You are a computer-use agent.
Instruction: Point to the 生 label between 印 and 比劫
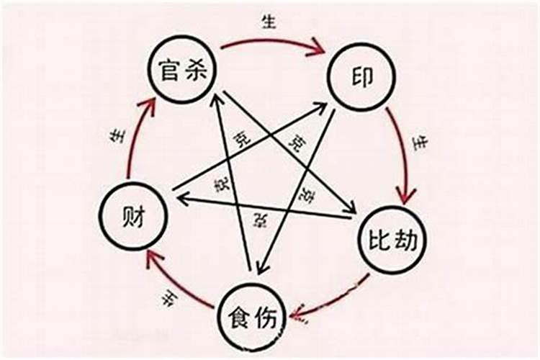tap(420, 142)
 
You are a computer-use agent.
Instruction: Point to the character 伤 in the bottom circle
tap(269, 316)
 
